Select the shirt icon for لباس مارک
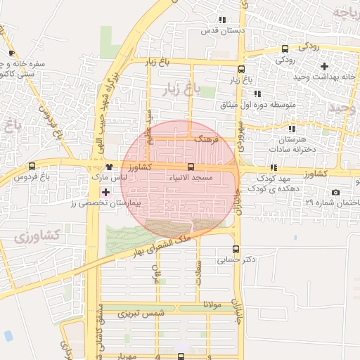(108, 167)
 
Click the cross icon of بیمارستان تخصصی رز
(105, 191)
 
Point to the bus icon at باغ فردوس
(32, 167)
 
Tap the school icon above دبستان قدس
(222, 20)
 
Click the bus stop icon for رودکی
(284, 49)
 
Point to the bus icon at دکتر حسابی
(236, 249)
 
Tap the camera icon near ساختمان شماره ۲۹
(335, 193)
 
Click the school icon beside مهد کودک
(273, 167)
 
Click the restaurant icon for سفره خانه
(11, 53)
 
